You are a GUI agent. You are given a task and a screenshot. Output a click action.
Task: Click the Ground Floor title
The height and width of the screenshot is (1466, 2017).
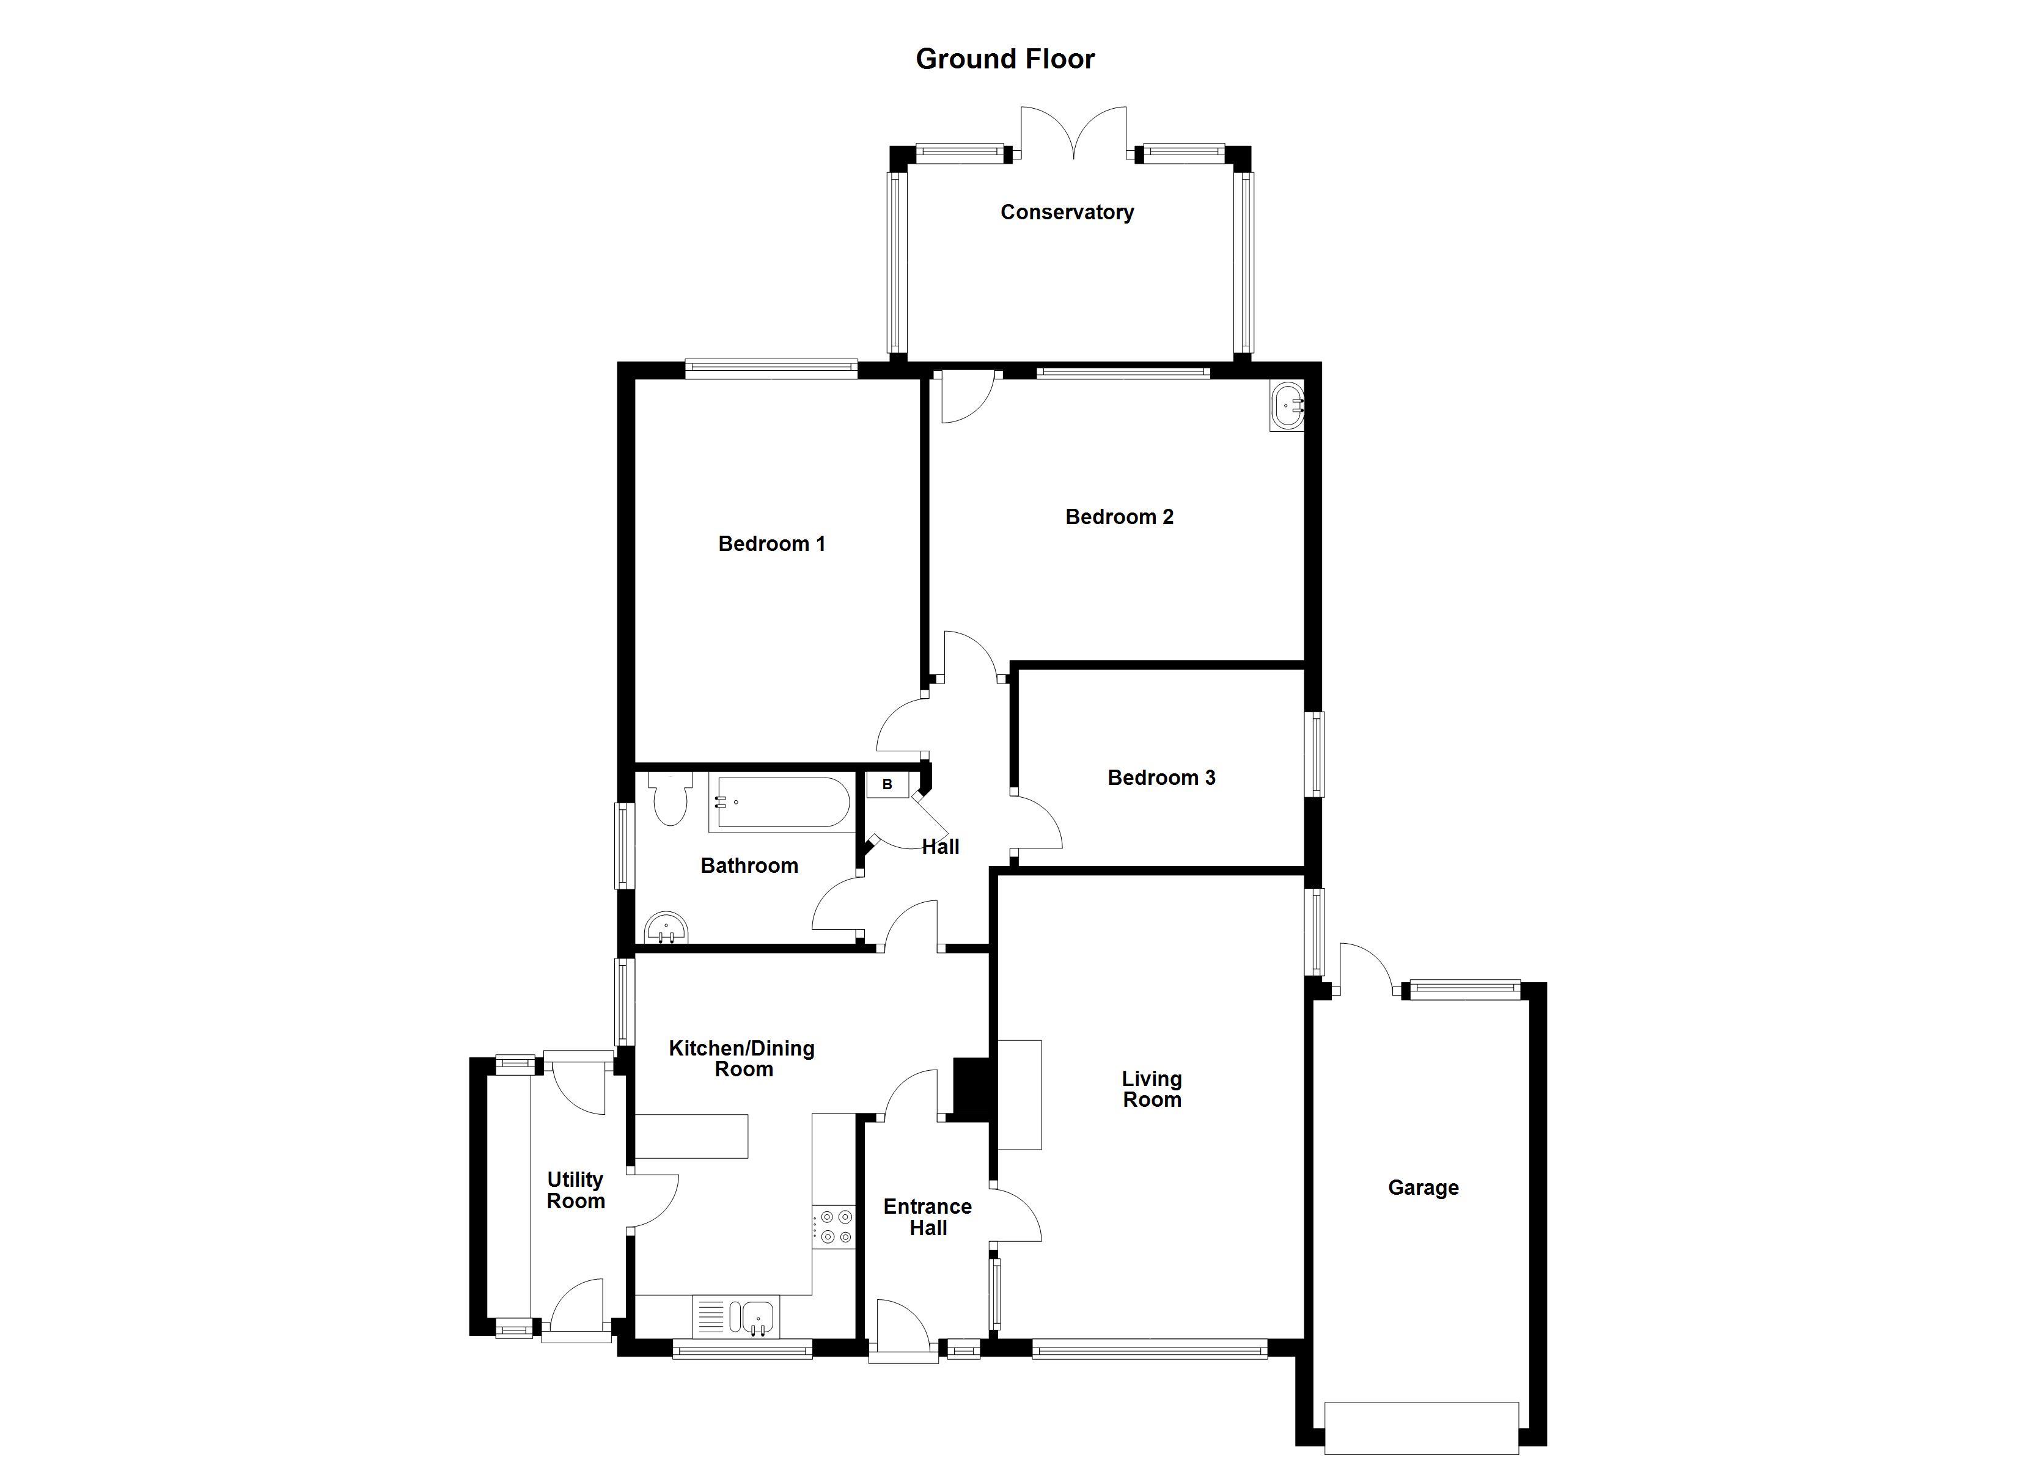1005,59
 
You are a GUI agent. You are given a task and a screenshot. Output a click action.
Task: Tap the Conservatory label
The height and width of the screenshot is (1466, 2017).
1067,211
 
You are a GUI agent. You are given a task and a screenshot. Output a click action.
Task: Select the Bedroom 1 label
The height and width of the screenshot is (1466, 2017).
771,543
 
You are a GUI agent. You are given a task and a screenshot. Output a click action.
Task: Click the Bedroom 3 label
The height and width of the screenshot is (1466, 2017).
1161,777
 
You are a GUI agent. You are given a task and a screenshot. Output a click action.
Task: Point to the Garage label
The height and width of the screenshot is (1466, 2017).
1423,1187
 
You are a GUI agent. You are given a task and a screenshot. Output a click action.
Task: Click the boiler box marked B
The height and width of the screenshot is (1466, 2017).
887,784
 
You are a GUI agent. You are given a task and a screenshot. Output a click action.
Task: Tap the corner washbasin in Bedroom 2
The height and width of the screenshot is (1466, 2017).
1287,406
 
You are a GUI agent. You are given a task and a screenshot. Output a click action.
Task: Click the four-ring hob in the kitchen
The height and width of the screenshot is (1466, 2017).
833,1226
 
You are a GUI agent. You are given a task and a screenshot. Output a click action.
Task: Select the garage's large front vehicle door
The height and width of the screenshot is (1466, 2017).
1421,1427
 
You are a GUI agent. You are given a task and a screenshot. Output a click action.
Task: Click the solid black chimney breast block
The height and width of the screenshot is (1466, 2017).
971,1088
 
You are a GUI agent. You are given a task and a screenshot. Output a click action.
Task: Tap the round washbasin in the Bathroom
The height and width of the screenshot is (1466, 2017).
666,928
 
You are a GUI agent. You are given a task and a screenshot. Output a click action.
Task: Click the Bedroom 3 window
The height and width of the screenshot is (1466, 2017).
1315,754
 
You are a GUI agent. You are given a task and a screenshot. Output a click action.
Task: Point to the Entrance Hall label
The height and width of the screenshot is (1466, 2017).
928,1216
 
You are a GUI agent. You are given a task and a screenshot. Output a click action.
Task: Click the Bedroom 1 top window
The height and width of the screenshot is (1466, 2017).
771,369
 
